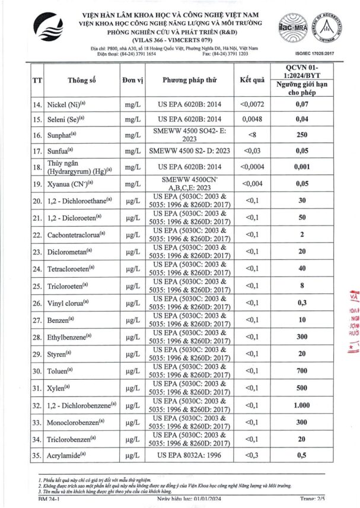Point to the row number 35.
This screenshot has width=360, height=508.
[37, 455]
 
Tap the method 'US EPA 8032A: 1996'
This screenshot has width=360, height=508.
[189, 455]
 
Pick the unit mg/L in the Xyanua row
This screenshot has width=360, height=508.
[132, 184]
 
